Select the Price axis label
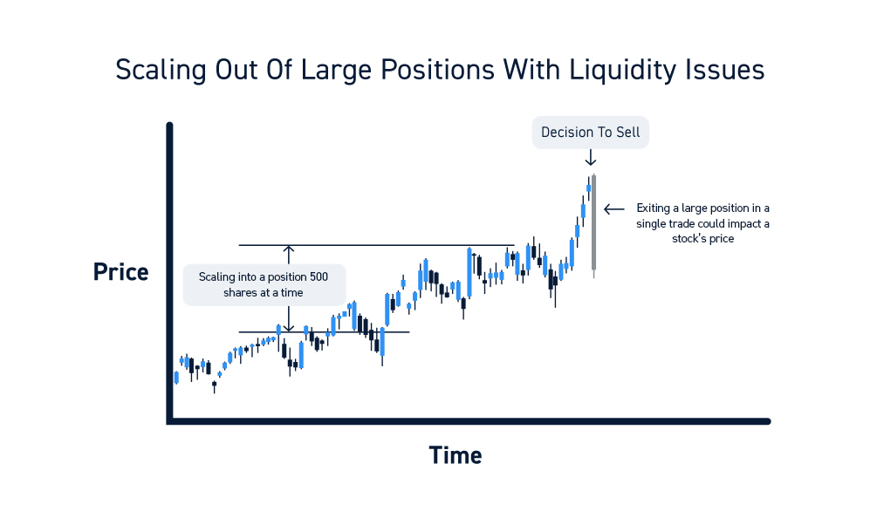click(x=120, y=272)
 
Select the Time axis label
click(x=455, y=455)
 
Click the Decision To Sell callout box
click(x=591, y=132)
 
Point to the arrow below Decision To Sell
click(x=591, y=157)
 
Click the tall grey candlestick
click(x=593, y=226)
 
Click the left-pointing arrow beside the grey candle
click(x=613, y=209)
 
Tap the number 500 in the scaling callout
click(x=318, y=276)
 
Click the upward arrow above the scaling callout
click(x=289, y=255)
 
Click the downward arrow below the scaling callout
click(x=289, y=319)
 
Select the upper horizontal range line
click(x=376, y=245)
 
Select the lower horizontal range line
click(x=324, y=332)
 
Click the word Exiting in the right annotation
click(x=653, y=208)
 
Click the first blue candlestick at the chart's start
click(x=176, y=378)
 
